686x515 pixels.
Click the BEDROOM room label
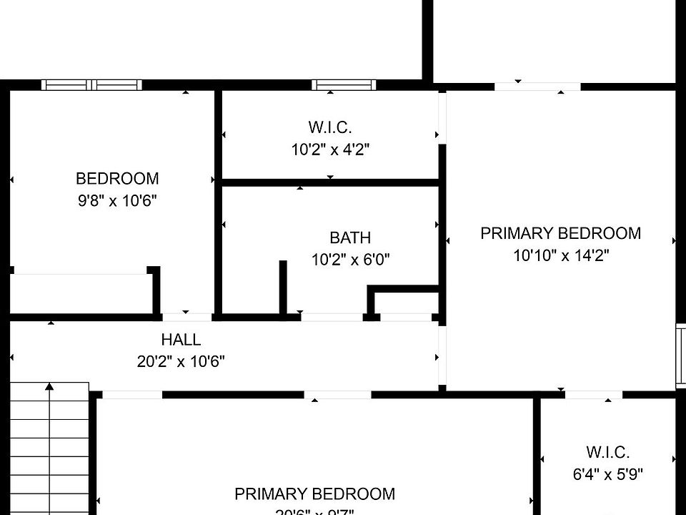[x=117, y=178]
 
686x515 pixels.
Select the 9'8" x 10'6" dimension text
[x=117, y=201]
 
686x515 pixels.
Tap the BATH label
[x=350, y=237]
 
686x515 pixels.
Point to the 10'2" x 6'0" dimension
[x=350, y=260]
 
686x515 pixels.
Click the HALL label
[x=181, y=340]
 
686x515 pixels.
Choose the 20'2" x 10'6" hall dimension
[x=181, y=362]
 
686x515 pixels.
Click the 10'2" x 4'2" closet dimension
[x=330, y=150]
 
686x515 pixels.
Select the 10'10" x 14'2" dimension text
[x=561, y=255]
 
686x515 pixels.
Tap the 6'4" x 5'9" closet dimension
[x=607, y=474]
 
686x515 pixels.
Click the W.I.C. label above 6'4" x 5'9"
[x=607, y=452]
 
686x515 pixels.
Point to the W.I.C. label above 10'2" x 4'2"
[x=330, y=127]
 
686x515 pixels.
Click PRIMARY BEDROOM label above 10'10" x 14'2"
[x=561, y=233]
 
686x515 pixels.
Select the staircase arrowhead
[x=49, y=387]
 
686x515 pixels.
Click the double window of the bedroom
[x=91, y=85]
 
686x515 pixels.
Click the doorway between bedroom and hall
[x=187, y=315]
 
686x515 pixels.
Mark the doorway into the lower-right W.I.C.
[x=593, y=394]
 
